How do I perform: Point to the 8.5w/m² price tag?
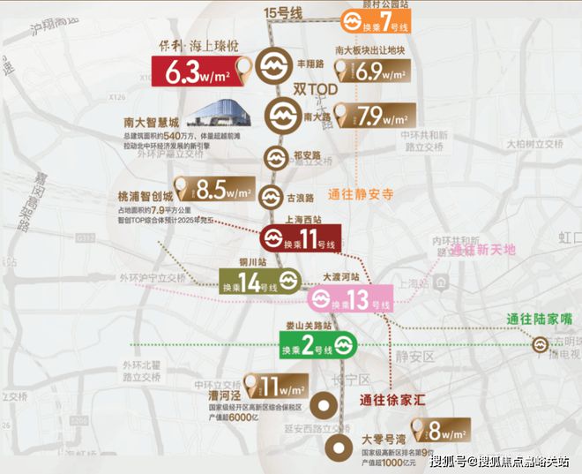pyautogui.click(x=213, y=189)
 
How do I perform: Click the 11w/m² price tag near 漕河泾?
pyautogui.click(x=278, y=387)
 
